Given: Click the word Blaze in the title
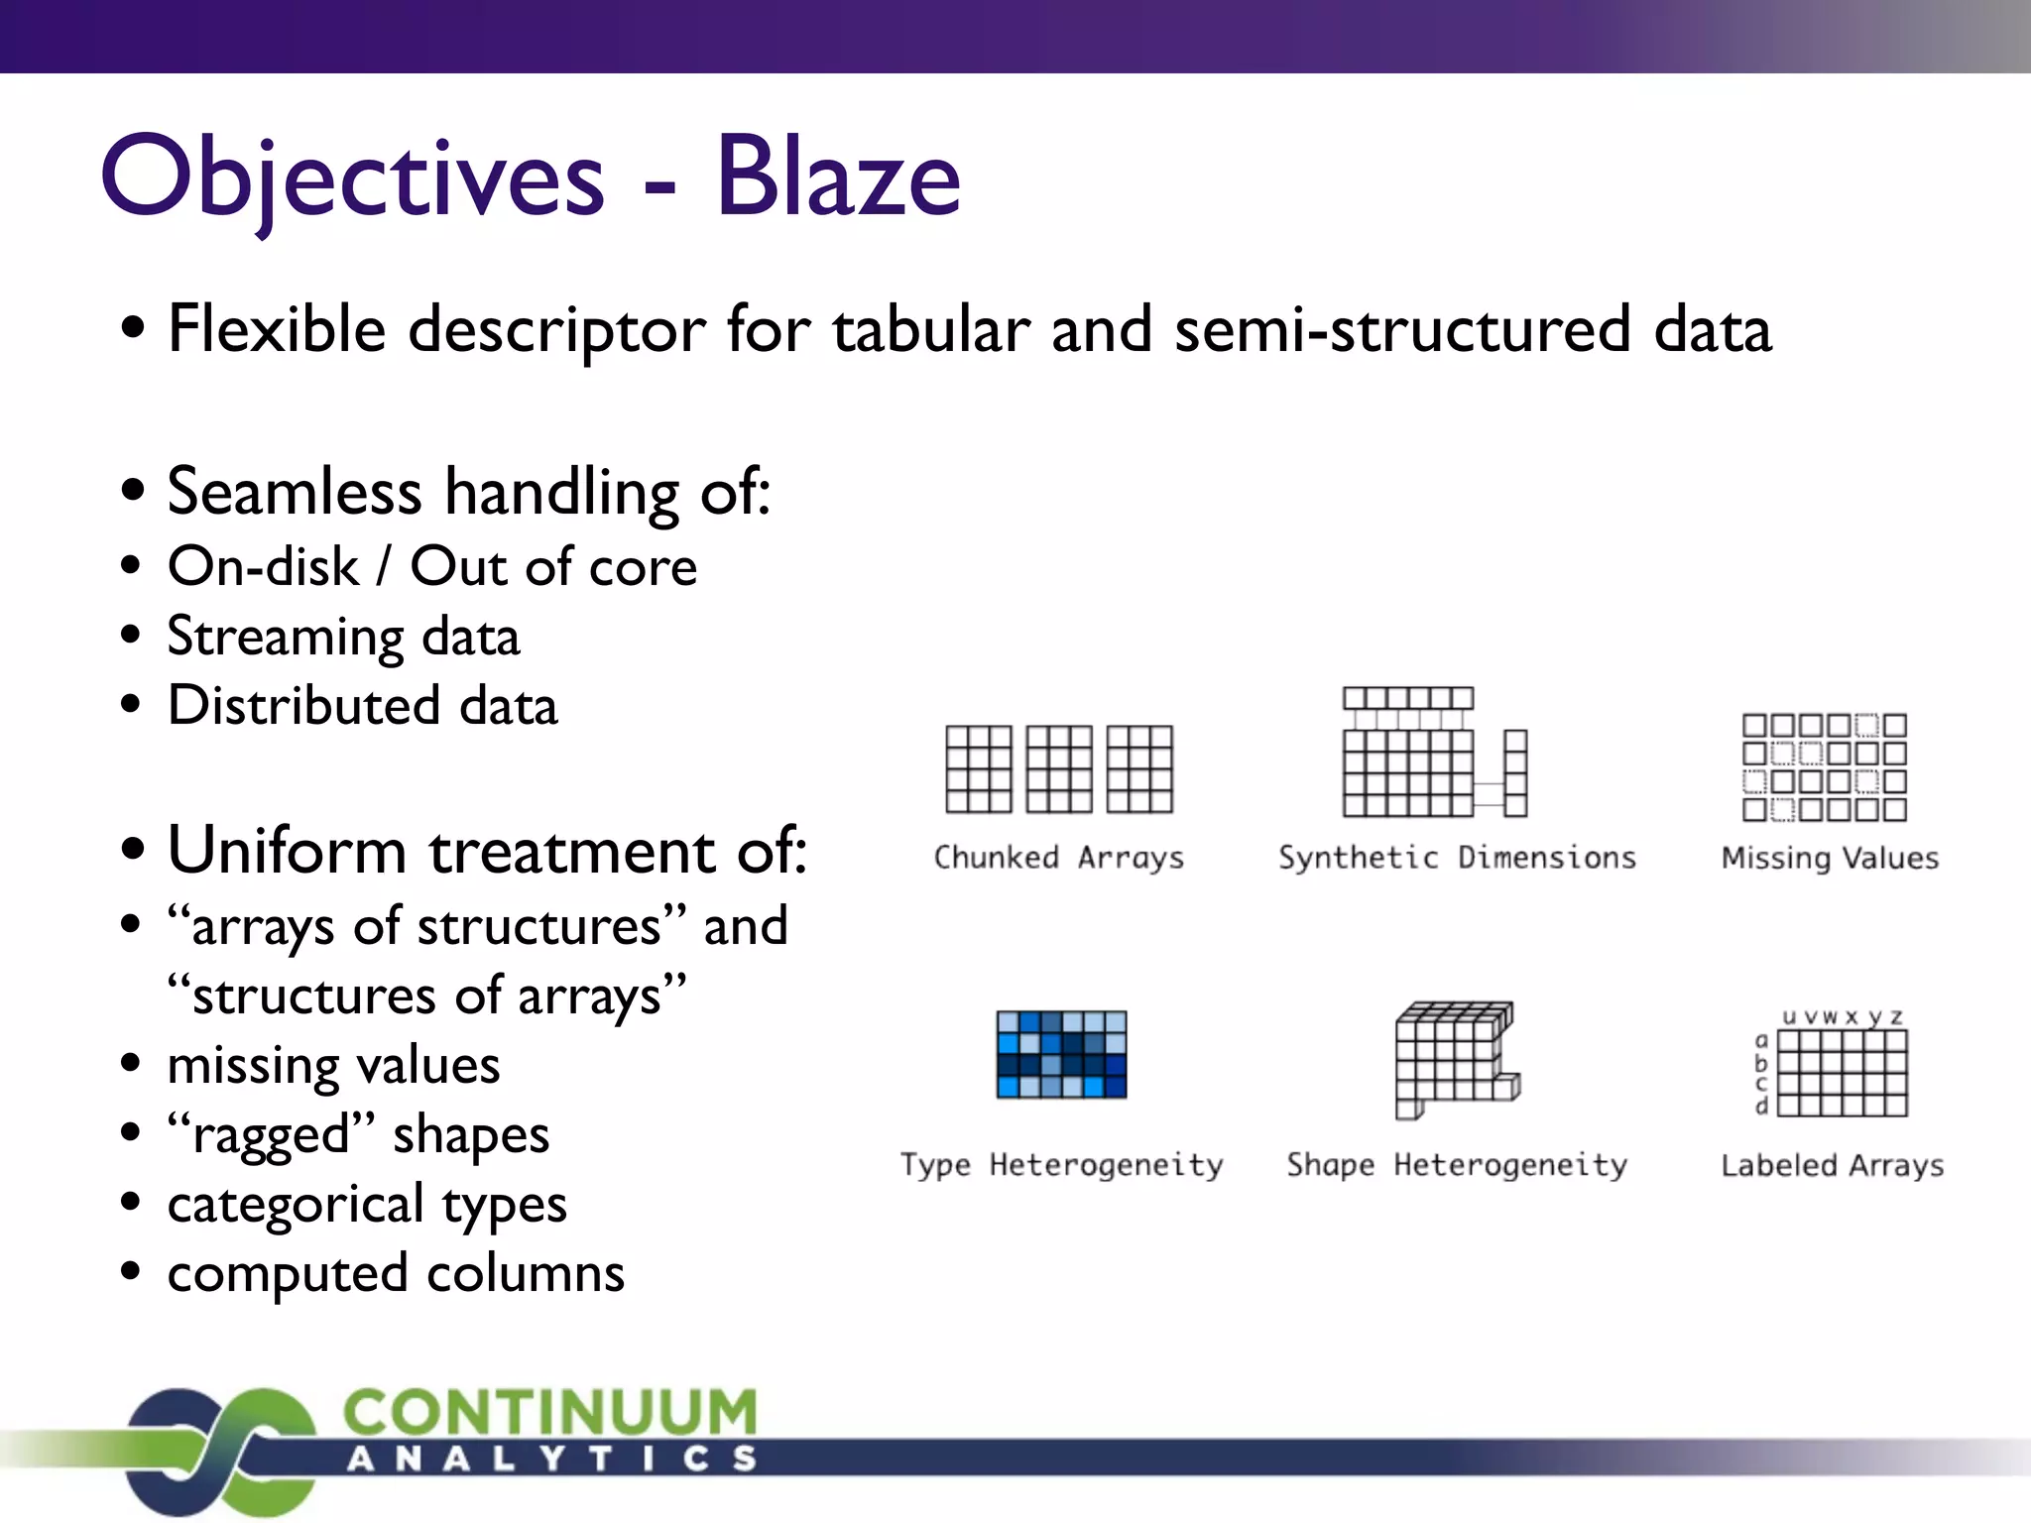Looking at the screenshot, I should pyautogui.click(x=838, y=178).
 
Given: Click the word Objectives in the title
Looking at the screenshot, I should pyautogui.click(x=352, y=178).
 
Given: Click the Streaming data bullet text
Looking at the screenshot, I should pyautogui.click(x=343, y=637).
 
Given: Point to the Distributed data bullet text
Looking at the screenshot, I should pyautogui.click(x=362, y=706).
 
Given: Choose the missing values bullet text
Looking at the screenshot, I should pyautogui.click(x=333, y=1066).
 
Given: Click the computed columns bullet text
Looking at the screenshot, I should pyautogui.click(x=396, y=1274).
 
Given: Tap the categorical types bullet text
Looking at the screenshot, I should pyautogui.click(x=367, y=1205).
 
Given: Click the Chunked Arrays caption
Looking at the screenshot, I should pyautogui.click(x=1058, y=858).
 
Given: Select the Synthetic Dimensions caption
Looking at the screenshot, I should pyautogui.click(x=1457, y=858).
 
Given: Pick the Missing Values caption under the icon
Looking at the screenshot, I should pyautogui.click(x=1830, y=858).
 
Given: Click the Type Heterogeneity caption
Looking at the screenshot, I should pyautogui.click(x=1061, y=1165).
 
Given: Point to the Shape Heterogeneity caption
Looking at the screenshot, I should pyautogui.click(x=1457, y=1165).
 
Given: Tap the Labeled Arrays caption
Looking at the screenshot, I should pyautogui.click(x=1832, y=1165).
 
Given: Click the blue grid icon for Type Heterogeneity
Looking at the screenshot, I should pyautogui.click(x=1061, y=1054).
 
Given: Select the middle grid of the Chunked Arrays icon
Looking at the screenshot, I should pyautogui.click(x=1059, y=769).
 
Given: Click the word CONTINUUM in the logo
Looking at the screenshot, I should pyautogui.click(x=550, y=1412).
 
